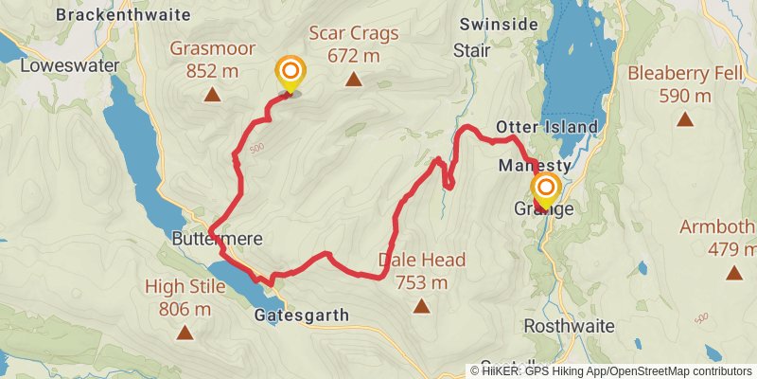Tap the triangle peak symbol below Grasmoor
click(x=212, y=95)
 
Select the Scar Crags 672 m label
click(x=354, y=44)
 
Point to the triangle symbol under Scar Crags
click(x=354, y=80)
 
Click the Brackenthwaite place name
click(x=123, y=14)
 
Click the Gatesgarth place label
click(x=302, y=316)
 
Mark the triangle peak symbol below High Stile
click(x=185, y=332)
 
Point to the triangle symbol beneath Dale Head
click(x=422, y=306)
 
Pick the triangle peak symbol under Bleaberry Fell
click(x=684, y=119)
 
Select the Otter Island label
click(x=547, y=127)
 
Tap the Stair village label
click(x=470, y=49)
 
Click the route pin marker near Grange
click(x=545, y=189)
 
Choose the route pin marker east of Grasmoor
click(x=290, y=73)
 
